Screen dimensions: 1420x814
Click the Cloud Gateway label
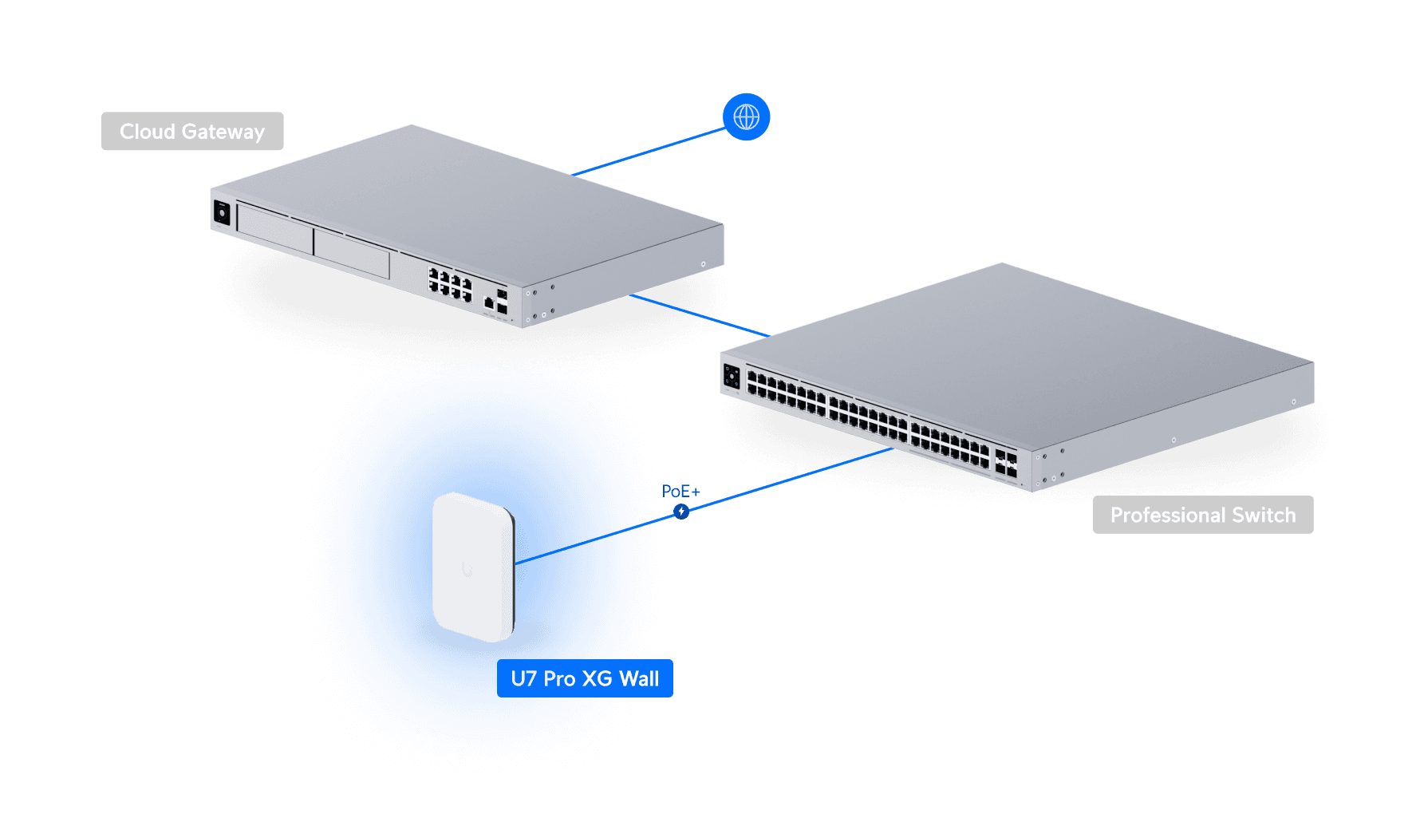(192, 132)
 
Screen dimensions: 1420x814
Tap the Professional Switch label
(1202, 515)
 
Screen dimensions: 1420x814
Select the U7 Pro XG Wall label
(585, 678)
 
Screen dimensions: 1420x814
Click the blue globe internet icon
(746, 117)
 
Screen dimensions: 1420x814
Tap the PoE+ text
(680, 492)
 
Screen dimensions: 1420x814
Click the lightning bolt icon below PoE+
(680, 512)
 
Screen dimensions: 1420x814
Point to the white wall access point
(473, 567)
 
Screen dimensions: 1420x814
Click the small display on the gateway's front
(222, 213)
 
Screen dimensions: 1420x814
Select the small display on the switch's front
(732, 376)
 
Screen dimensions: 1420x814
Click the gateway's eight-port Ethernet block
(450, 285)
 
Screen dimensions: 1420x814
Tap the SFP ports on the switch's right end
(1006, 464)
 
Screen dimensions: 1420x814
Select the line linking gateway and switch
(698, 316)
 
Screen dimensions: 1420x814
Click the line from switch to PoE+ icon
(790, 480)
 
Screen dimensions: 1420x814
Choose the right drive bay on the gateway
(352, 254)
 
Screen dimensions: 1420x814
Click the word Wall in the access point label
(639, 678)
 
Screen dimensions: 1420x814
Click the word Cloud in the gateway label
(147, 132)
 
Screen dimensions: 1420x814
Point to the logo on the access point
(467, 570)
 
